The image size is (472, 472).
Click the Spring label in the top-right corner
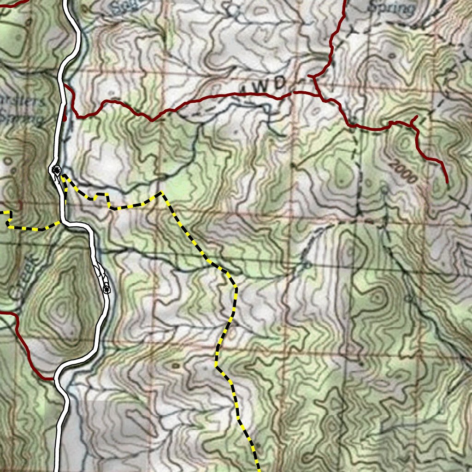(x=392, y=8)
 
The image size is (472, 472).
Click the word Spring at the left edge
(x=21, y=118)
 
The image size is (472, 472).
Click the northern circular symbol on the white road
(x=56, y=170)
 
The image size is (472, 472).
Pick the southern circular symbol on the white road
(x=106, y=289)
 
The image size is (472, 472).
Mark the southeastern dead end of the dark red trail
(x=447, y=183)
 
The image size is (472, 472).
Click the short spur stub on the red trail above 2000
(x=415, y=118)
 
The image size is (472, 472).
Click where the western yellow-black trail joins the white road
(x=61, y=222)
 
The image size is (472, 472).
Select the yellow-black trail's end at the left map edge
(x=2, y=212)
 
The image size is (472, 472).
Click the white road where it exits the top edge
(x=67, y=2)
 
